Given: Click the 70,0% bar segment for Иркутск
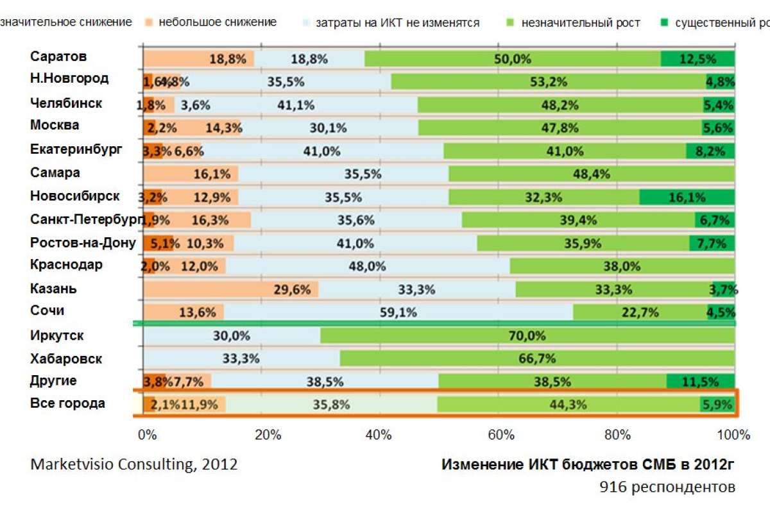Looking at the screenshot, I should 527,335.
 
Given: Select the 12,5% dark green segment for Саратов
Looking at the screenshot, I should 697,58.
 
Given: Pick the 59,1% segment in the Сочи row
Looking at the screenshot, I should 398,312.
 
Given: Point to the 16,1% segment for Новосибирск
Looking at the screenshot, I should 687,197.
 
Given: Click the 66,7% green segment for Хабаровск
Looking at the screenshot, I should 537,358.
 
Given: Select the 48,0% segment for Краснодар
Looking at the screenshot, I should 368,265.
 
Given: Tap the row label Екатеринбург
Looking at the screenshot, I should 76,149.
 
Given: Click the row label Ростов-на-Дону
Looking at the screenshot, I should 83,243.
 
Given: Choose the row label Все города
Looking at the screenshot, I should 67,403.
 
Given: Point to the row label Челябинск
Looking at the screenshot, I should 66,103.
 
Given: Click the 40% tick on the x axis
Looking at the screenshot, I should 379,435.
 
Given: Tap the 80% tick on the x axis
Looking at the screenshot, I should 617,435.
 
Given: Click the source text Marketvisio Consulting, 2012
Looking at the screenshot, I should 133,464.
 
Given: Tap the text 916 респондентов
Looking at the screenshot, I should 667,487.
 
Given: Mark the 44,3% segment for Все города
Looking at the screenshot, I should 568,405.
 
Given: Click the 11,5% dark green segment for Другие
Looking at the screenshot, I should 700,382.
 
